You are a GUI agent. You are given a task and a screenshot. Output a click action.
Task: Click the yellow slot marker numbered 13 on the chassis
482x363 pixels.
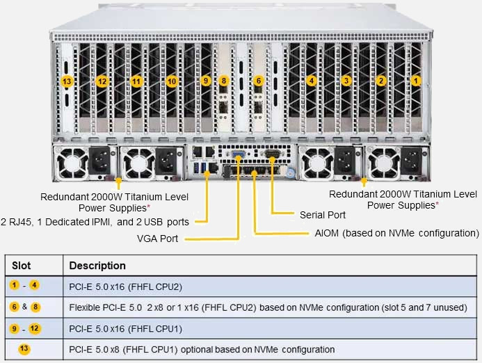(67, 81)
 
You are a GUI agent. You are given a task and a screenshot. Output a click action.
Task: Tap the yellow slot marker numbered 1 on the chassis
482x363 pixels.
(416, 81)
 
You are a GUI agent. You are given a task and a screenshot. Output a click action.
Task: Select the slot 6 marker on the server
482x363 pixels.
(259, 81)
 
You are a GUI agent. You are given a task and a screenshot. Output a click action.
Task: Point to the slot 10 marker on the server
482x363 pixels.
(172, 81)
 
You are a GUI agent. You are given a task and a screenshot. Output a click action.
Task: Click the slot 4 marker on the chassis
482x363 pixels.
(312, 81)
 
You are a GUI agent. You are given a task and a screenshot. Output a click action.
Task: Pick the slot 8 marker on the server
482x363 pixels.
(223, 81)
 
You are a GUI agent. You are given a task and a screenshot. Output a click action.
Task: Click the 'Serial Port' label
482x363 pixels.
(322, 215)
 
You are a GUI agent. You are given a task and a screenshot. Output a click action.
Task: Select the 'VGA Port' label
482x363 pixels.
(158, 239)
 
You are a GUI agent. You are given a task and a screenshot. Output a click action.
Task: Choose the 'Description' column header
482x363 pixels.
(97, 266)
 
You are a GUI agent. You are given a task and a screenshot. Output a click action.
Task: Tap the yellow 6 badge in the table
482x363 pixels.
(14, 307)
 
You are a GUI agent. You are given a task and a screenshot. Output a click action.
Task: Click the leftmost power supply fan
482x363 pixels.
(70, 162)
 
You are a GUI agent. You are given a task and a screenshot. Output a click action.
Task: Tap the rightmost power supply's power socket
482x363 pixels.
(410, 162)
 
